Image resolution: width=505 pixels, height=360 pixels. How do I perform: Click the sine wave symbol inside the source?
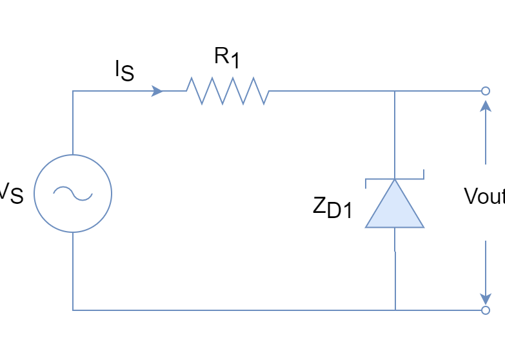pyautogui.click(x=72, y=193)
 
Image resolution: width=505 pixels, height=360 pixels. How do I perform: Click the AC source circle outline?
pyautogui.click(x=34, y=193)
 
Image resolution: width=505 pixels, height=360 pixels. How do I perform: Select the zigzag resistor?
pyautogui.click(x=228, y=91)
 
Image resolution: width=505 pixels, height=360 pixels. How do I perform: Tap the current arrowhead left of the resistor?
pyautogui.click(x=157, y=91)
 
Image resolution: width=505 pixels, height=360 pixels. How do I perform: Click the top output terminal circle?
pyautogui.click(x=485, y=91)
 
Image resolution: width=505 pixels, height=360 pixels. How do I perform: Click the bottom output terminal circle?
pyautogui.click(x=485, y=310)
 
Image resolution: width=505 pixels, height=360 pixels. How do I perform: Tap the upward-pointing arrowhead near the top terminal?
pyautogui.click(x=485, y=105)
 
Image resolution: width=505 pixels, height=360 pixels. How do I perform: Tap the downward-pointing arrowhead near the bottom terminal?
pyautogui.click(x=485, y=297)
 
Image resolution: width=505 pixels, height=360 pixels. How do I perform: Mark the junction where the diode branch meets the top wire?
pyautogui.click(x=395, y=91)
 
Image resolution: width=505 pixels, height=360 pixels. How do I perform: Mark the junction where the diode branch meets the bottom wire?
pyautogui.click(x=395, y=310)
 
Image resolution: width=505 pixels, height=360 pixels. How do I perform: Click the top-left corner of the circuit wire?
pyautogui.click(x=72, y=91)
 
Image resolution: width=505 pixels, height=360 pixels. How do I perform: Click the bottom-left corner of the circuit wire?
pyautogui.click(x=72, y=310)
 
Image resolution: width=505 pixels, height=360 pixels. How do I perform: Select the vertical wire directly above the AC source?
pyautogui.click(x=72, y=123)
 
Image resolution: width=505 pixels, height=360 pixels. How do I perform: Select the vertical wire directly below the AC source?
pyautogui.click(x=72, y=271)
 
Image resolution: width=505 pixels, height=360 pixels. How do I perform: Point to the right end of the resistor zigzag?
pyautogui.click(x=269, y=91)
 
